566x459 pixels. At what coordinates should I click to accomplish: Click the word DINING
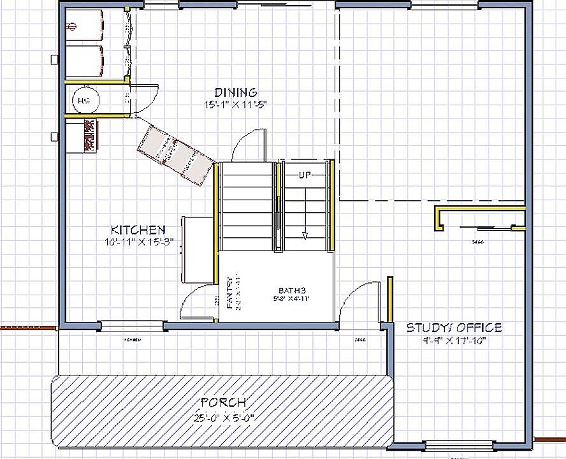(235, 92)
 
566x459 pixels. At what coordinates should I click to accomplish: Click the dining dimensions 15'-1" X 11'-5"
(235, 104)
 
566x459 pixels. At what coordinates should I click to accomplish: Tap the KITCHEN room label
(138, 229)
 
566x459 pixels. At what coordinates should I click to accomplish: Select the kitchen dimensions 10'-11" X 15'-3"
(138, 242)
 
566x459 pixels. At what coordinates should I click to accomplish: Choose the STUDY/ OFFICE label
(454, 328)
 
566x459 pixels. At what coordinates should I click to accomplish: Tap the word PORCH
(223, 402)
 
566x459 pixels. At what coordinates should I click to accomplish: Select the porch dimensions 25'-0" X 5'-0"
(223, 418)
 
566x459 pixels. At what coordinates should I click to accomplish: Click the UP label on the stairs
(305, 174)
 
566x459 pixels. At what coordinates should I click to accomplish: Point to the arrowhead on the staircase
(306, 235)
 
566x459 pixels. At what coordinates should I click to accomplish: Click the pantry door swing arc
(194, 303)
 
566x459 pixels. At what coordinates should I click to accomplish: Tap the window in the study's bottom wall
(458, 444)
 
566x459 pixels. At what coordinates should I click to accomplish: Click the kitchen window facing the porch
(133, 327)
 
